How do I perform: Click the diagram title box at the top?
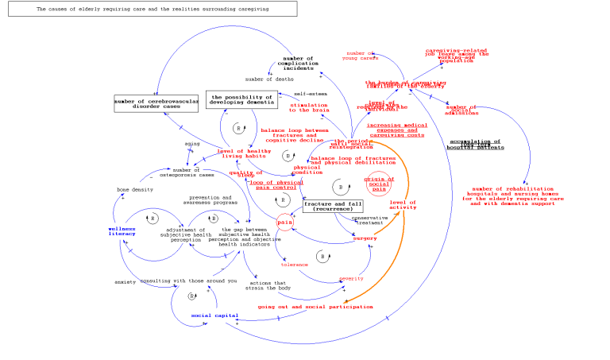[152, 9]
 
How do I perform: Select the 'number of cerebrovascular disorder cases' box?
[156, 103]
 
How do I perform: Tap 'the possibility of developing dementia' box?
[241, 99]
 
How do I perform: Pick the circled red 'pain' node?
[285, 223]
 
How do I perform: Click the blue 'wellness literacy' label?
[122, 231]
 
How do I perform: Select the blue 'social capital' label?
[214, 315]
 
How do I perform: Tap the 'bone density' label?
[135, 190]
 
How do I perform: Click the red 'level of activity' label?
[403, 205]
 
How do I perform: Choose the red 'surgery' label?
[365, 238]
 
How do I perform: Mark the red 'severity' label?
[351, 278]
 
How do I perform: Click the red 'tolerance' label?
[294, 265]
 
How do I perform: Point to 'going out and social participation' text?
[315, 306]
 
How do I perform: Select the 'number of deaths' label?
[269, 79]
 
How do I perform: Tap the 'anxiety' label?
[125, 281]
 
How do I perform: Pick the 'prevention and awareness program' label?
[210, 200]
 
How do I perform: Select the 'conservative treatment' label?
[369, 220]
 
